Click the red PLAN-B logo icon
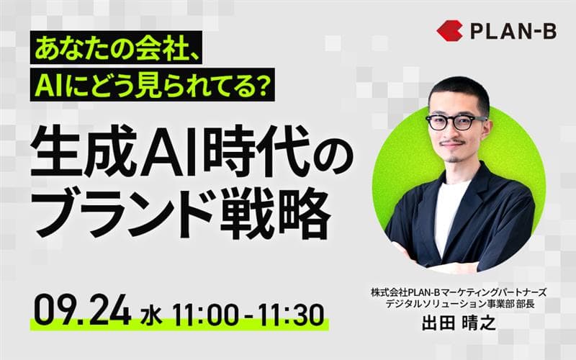point(449,30)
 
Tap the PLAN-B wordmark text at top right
point(513,31)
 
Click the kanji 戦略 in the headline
point(271,213)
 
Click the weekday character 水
point(151,317)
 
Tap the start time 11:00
point(205,315)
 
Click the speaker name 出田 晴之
point(459,323)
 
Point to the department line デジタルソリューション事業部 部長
point(459,304)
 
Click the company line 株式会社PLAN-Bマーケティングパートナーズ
point(459,293)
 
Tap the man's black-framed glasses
point(456,122)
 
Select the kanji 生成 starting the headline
point(84,151)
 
